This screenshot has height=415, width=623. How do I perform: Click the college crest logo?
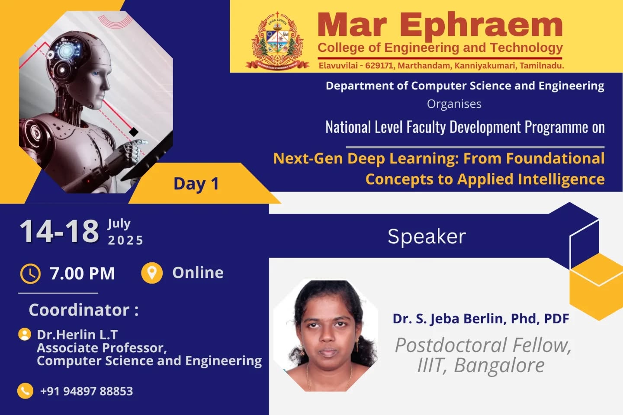click(277, 41)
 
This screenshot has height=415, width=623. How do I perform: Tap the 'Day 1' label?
click(196, 184)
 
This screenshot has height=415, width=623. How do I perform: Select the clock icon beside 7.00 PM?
click(30, 274)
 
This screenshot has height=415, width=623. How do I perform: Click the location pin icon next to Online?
click(152, 273)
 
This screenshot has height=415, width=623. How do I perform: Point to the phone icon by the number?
click(25, 391)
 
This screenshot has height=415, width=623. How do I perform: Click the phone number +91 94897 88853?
click(87, 391)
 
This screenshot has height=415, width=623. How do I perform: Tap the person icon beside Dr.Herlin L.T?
click(25, 334)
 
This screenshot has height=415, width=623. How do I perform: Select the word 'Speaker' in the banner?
click(427, 236)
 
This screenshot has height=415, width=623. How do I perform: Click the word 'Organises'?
click(454, 104)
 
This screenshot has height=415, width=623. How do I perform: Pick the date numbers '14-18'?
click(59, 231)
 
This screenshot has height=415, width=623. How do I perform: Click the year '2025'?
click(125, 240)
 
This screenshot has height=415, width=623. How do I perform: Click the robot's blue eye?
click(96, 73)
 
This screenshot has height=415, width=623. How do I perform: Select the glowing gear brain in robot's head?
click(66, 51)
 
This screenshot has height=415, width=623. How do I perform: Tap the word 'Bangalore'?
click(499, 365)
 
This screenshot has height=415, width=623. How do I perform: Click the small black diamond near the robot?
click(134, 132)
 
